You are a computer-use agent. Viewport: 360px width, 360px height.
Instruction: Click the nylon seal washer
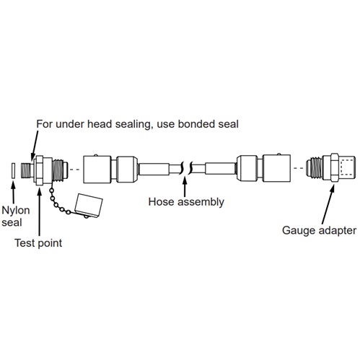point(13,170)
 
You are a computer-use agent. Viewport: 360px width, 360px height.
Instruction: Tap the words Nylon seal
point(16,216)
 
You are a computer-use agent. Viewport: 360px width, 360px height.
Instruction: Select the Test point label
point(38,243)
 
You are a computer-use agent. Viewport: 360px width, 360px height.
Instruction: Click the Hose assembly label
point(186,202)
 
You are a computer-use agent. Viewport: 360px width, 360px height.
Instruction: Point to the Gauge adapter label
point(319,230)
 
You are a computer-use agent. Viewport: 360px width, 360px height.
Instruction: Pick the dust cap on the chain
point(89,205)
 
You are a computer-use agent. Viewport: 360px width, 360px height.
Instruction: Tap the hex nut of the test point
point(40,170)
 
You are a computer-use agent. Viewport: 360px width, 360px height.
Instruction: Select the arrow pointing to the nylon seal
point(13,193)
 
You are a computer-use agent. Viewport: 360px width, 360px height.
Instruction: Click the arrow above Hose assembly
point(185,187)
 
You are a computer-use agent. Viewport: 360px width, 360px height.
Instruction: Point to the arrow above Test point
point(40,211)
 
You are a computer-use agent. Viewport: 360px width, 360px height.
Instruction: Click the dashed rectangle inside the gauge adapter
point(347,167)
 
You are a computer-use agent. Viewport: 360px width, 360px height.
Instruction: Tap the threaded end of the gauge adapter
point(314,167)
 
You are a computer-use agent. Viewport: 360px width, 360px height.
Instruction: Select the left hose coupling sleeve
point(97,169)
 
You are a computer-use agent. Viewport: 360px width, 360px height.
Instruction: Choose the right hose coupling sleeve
point(276,168)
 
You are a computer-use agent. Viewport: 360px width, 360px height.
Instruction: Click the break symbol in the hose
point(186,167)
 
